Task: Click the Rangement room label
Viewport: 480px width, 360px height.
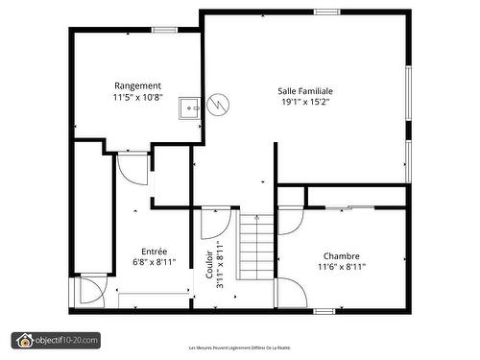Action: pos(137,85)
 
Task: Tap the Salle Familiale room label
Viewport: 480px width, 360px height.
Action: pos(313,91)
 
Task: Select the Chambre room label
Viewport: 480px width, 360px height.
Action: pos(341,256)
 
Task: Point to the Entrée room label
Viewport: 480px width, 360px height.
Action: pos(154,252)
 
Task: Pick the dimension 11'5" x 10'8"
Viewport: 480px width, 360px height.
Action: pos(137,97)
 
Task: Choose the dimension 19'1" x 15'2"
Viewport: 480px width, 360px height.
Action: pos(313,103)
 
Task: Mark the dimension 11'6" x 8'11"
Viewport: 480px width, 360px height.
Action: pos(341,268)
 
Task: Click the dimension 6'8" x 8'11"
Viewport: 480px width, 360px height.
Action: pos(154,262)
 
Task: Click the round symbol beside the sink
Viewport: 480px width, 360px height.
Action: pos(218,104)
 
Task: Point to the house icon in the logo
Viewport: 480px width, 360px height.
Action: pos(24,340)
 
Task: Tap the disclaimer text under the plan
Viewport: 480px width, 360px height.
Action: pos(239,348)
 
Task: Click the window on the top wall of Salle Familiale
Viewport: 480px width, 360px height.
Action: pos(326,12)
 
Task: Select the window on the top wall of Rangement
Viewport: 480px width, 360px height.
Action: pos(165,30)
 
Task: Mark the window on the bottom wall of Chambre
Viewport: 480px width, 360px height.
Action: pos(324,310)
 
